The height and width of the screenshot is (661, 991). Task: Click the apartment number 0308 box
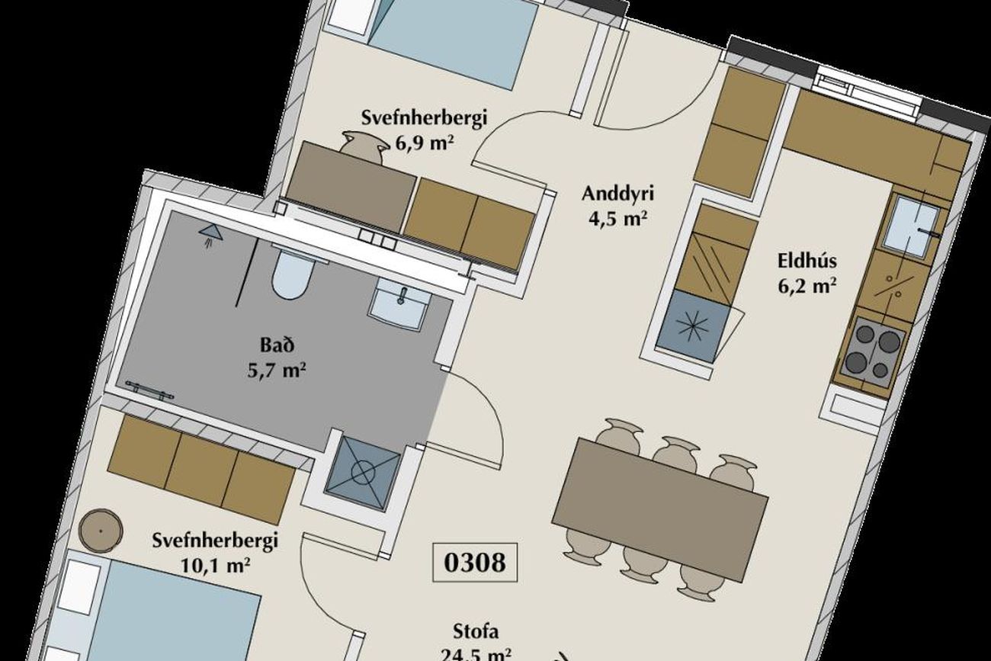475,563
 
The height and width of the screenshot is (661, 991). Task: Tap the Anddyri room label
617,194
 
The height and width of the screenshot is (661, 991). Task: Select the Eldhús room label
807,261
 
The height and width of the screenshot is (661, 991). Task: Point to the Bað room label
277,345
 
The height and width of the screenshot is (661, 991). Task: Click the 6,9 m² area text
425,143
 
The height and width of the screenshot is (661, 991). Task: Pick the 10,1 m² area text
215,565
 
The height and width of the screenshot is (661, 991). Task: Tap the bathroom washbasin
399,305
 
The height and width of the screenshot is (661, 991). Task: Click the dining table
660,510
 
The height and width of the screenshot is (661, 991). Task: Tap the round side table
101,531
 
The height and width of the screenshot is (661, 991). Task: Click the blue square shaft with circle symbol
363,473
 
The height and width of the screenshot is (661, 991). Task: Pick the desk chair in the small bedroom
363,146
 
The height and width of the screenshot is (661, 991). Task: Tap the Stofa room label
476,632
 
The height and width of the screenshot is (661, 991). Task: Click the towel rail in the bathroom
149,391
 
